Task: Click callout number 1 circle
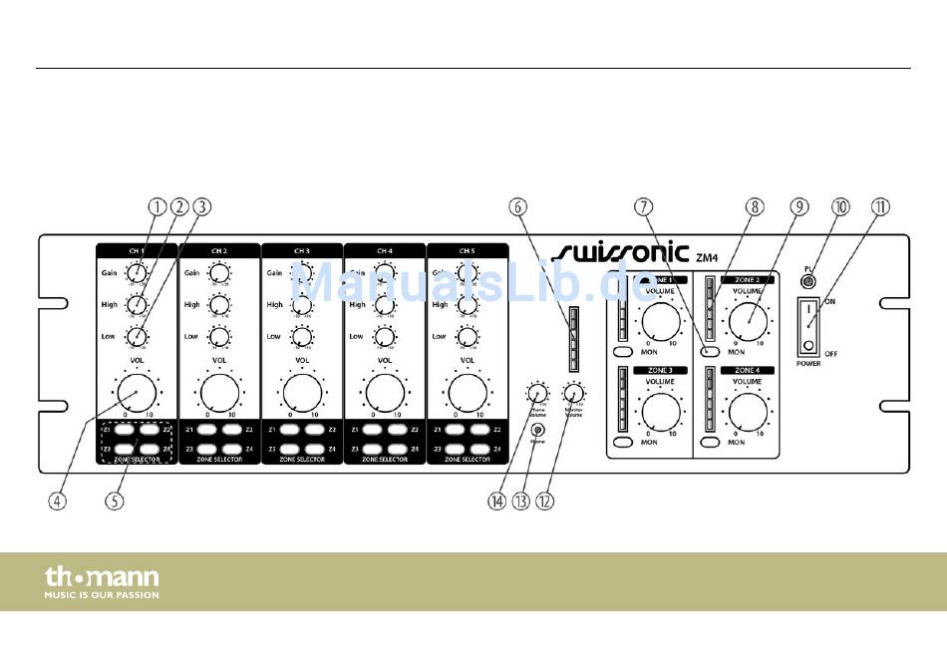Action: pyautogui.click(x=157, y=207)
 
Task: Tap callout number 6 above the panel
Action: pyautogui.click(x=516, y=207)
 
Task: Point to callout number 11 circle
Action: pyautogui.click(x=879, y=207)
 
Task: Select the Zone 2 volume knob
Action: pyautogui.click(x=748, y=319)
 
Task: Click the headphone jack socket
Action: pyautogui.click(x=538, y=429)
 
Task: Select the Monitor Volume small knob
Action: pyautogui.click(x=572, y=392)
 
